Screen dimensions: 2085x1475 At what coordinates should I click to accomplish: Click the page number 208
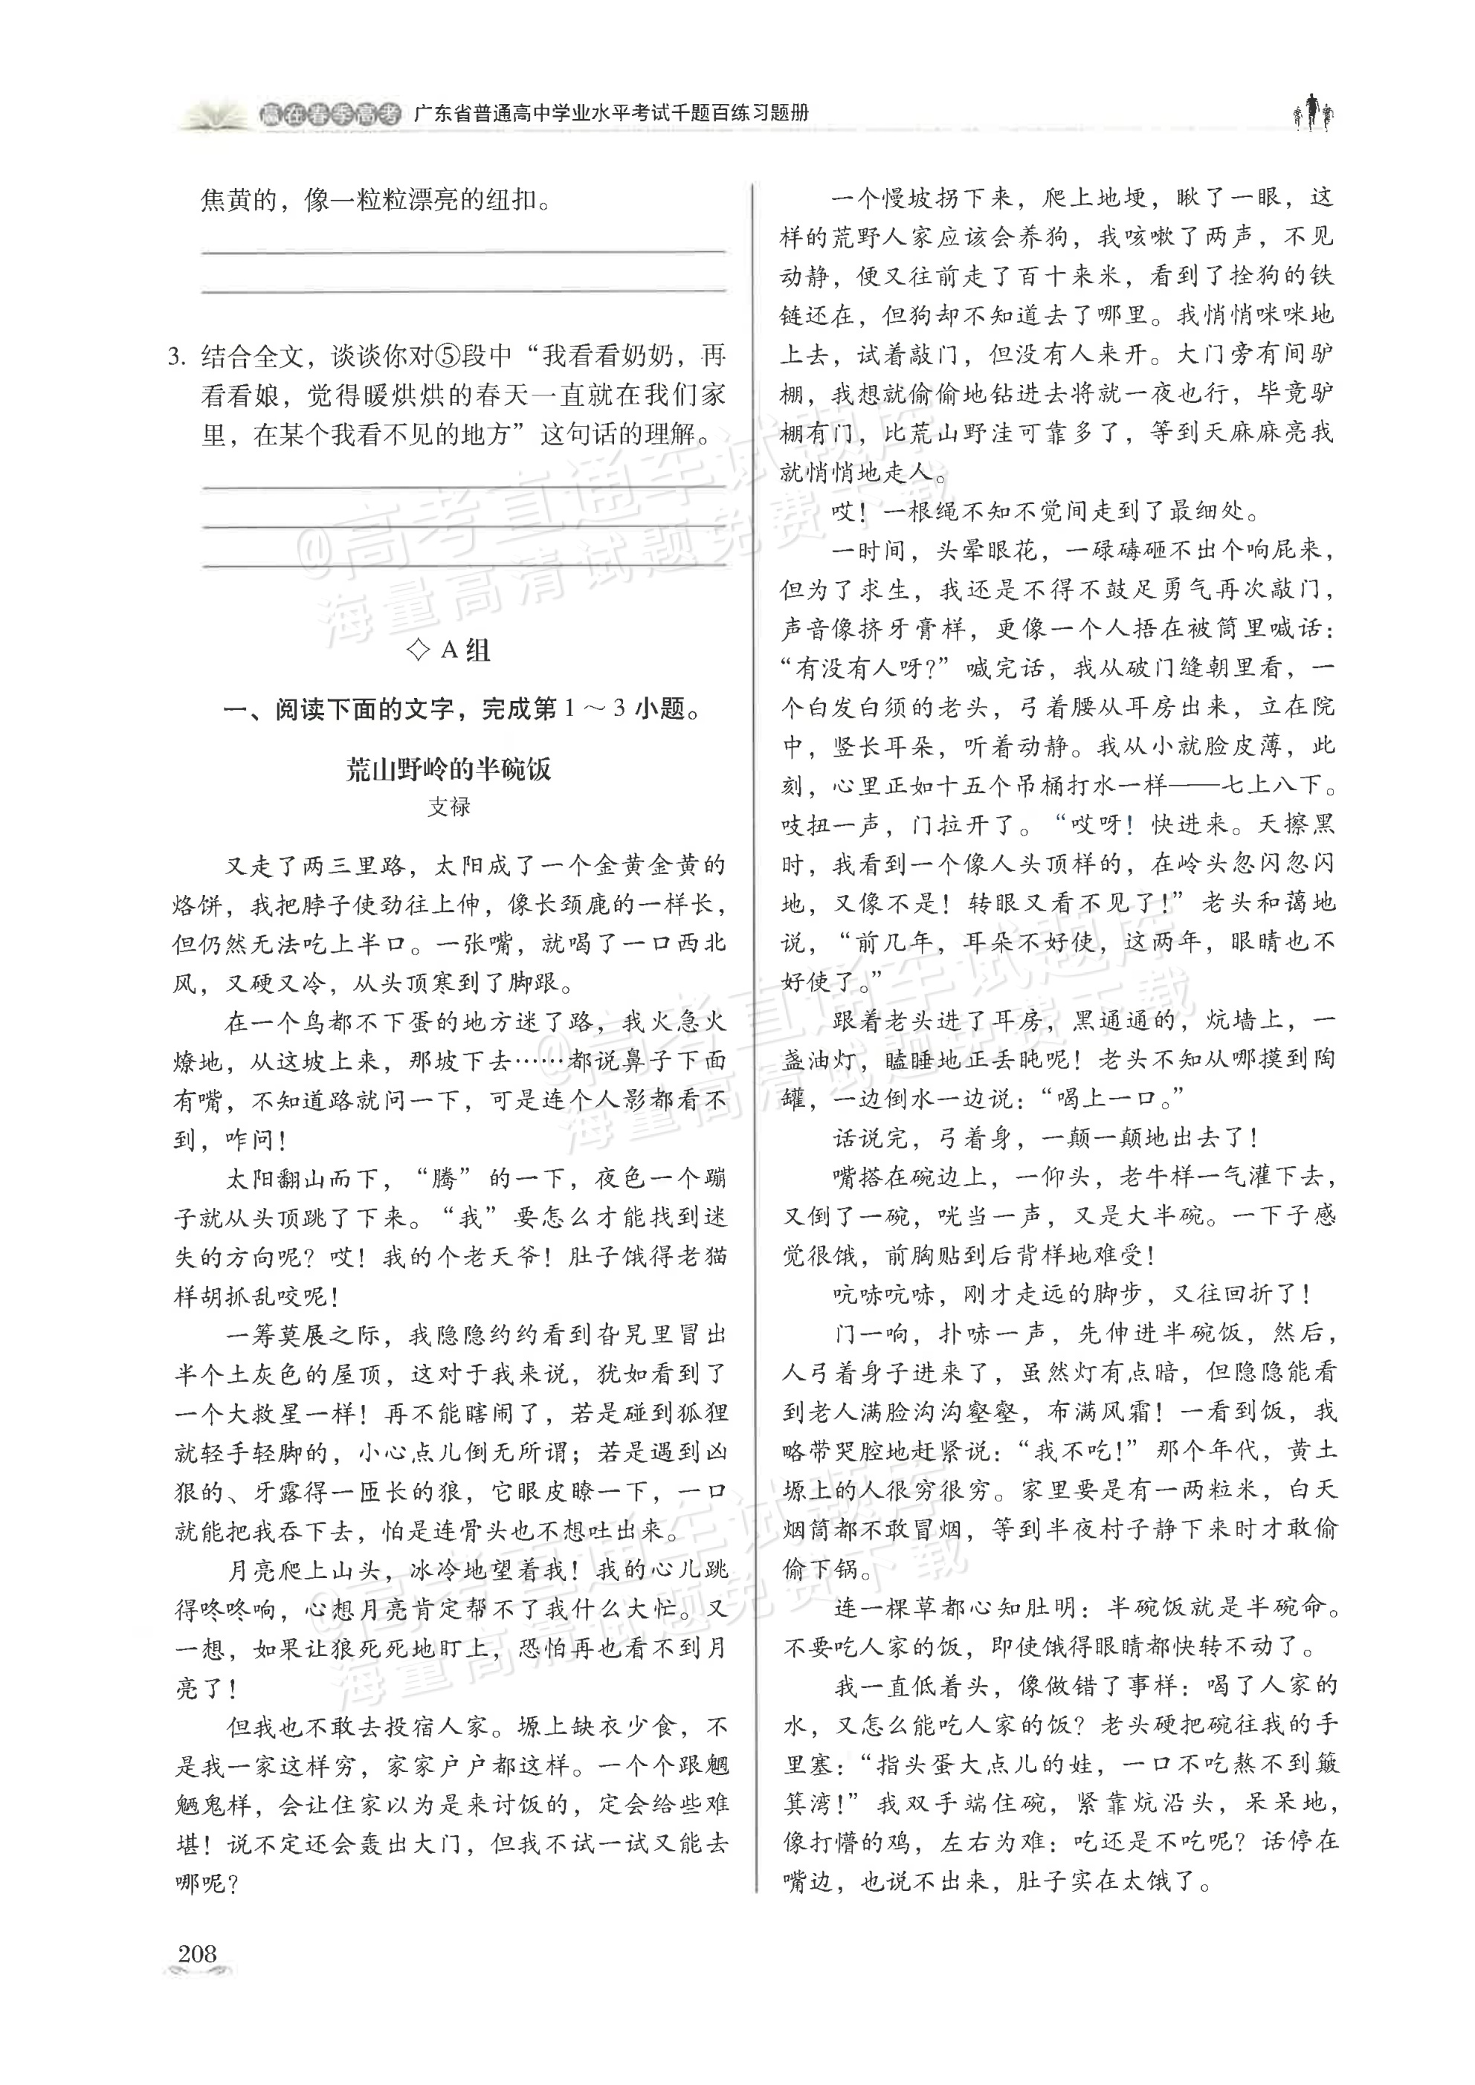(197, 1953)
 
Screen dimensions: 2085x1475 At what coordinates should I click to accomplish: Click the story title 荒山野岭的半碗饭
(449, 769)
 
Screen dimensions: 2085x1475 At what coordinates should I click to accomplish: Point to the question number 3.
(177, 356)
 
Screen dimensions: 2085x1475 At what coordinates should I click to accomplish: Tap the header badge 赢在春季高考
(329, 114)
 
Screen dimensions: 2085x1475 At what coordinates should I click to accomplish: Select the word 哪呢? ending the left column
(205, 1883)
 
